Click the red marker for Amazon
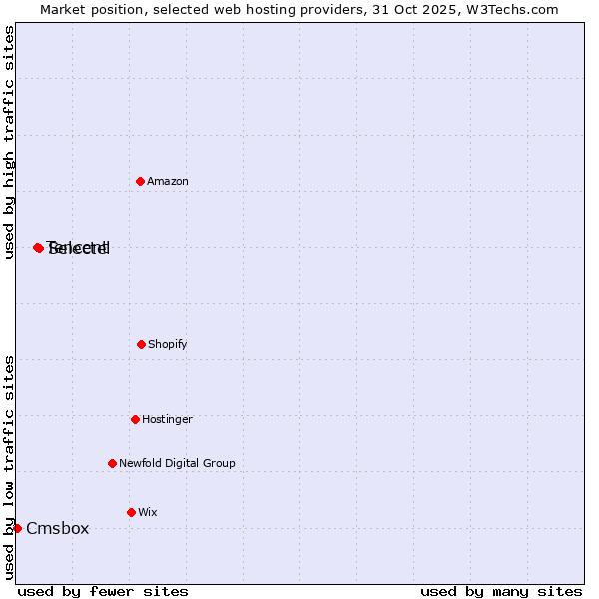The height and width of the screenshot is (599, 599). tap(141, 181)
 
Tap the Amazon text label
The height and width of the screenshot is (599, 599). tap(168, 181)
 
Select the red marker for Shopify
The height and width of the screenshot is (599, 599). tap(141, 344)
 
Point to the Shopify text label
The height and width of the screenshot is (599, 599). tap(168, 344)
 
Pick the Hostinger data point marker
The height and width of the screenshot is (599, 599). tap(135, 419)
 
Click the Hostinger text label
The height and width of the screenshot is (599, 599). tap(167, 419)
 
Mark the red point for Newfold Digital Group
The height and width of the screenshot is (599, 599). tap(112, 463)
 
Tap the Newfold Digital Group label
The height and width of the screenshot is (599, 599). tap(177, 463)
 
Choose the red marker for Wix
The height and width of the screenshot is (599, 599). tap(131, 512)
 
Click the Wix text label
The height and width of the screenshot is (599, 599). tap(148, 512)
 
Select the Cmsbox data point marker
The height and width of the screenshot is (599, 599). tap(17, 528)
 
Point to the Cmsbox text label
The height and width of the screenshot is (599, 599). tap(57, 528)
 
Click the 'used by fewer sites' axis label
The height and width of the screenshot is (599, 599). tap(103, 591)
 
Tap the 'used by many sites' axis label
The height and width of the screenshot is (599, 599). tap(501, 591)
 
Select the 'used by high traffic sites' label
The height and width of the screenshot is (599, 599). tap(9, 142)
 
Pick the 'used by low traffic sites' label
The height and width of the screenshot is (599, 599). tap(9, 466)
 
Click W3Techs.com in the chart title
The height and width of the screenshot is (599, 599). tap(514, 9)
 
